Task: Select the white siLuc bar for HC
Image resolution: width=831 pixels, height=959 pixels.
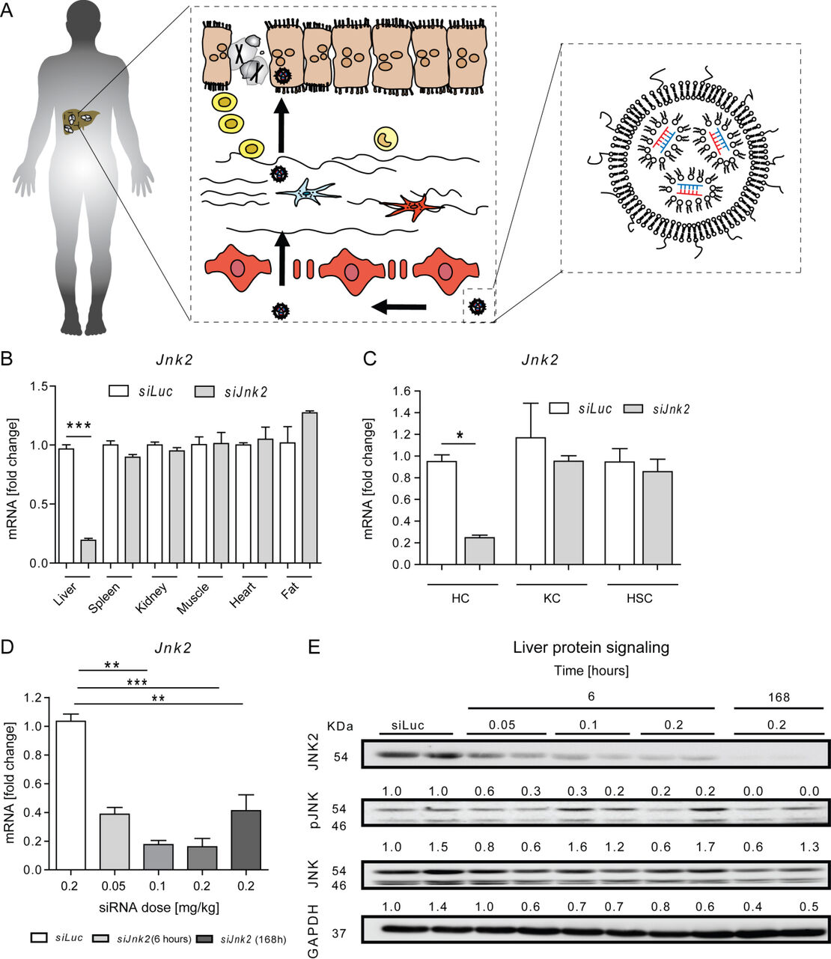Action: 441,513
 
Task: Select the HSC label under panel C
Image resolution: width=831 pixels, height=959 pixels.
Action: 641,599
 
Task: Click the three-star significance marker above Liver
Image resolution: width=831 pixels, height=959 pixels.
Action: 78,426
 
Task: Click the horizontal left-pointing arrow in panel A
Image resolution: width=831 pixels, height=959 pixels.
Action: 399,305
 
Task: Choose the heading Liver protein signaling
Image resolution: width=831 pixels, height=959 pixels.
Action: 591,648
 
